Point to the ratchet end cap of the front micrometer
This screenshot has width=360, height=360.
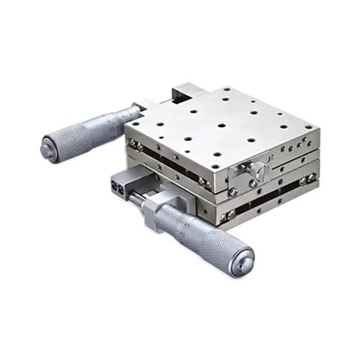(240, 258)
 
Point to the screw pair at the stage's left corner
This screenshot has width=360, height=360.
(133, 143)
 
